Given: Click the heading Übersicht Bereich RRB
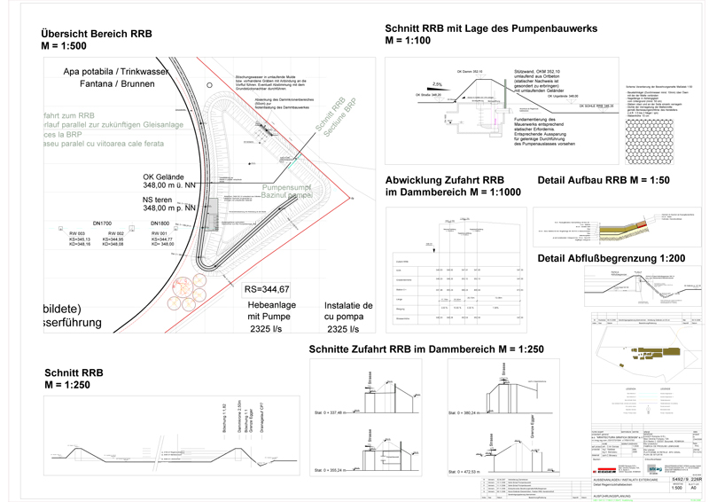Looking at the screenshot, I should tap(97, 34).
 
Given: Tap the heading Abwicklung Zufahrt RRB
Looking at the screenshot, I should tap(445, 180).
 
